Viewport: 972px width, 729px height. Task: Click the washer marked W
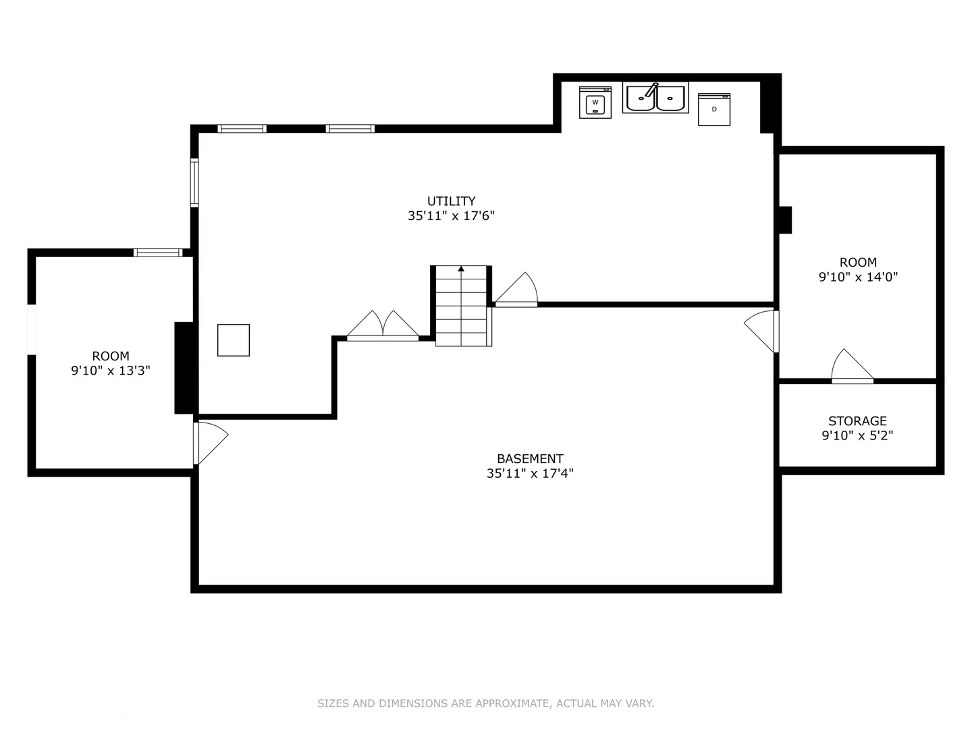(x=595, y=103)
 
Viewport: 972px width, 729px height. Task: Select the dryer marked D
(x=713, y=109)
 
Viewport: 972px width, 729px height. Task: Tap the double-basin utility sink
(x=655, y=99)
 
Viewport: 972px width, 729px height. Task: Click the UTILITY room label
(x=451, y=201)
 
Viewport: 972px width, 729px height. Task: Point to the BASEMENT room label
(x=530, y=458)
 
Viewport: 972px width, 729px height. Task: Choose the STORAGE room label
(x=857, y=421)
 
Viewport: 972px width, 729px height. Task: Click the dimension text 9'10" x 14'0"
(x=858, y=277)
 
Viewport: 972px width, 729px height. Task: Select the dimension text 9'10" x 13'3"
(x=111, y=371)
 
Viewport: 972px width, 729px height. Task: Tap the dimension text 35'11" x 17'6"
(x=451, y=216)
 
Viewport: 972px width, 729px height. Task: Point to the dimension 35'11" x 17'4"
(x=530, y=473)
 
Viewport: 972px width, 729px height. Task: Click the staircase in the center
(x=461, y=307)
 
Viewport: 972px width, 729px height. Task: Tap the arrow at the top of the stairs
(x=461, y=269)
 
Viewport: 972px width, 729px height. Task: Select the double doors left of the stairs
(x=383, y=326)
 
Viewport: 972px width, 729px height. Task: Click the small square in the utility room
(x=234, y=340)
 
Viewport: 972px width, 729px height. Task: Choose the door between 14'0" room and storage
(x=852, y=368)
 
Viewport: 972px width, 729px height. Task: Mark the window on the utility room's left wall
(x=194, y=182)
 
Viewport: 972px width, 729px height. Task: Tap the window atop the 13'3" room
(x=158, y=252)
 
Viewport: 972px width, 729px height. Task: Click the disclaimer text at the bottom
(x=485, y=703)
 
